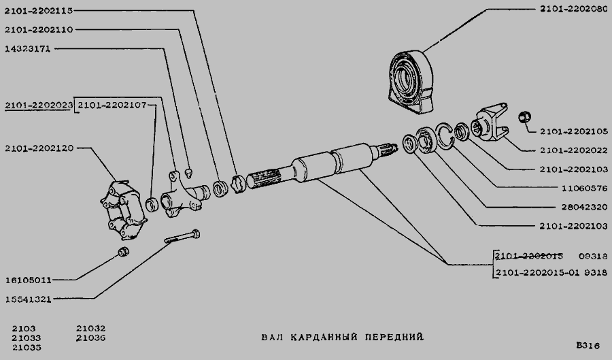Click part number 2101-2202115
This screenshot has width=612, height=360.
[x=39, y=11]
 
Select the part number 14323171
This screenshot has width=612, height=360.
[x=28, y=49]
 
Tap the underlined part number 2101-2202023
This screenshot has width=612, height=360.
[x=39, y=105]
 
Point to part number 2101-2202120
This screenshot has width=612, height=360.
[x=39, y=148]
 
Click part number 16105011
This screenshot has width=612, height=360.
[x=28, y=280]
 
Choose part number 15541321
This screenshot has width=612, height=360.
[x=28, y=299]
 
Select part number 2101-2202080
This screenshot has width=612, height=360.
[x=574, y=9]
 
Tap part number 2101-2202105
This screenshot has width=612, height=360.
[x=574, y=131]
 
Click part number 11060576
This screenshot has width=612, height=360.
[x=585, y=189]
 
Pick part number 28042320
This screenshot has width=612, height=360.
[x=585, y=207]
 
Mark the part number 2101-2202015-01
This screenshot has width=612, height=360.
[x=537, y=272]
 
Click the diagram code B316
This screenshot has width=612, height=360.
[x=588, y=346]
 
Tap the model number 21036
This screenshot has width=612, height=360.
[x=91, y=338]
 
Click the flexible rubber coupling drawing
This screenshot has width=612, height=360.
[x=123, y=210]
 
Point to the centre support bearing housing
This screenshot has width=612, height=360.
[x=411, y=82]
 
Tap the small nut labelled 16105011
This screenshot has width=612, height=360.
[x=124, y=251]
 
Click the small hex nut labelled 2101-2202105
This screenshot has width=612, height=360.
[x=524, y=117]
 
